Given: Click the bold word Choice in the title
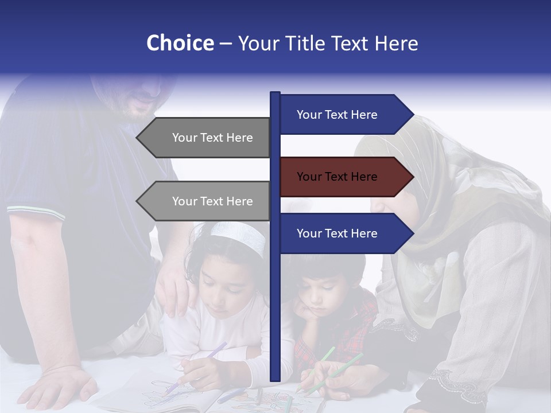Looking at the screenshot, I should click(180, 43).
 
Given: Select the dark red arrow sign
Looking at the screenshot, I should click(344, 177).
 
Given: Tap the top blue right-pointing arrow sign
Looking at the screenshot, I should click(344, 115).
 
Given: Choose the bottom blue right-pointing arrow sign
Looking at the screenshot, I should click(344, 233).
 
